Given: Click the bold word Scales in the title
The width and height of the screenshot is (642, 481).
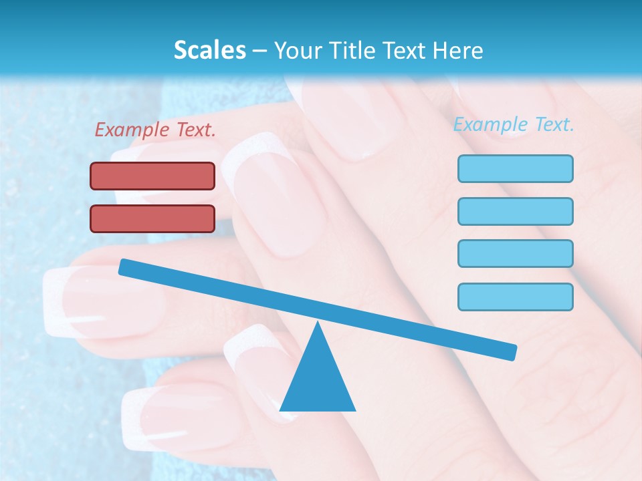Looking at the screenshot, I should [209, 50].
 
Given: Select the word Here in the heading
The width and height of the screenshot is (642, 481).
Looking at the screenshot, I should [458, 50].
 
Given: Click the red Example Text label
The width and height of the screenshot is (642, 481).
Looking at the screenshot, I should [155, 130].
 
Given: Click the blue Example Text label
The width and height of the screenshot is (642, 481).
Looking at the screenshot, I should [514, 124].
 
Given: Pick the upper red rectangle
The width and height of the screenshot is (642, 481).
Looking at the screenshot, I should [152, 176].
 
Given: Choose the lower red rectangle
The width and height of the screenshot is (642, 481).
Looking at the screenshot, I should [152, 218].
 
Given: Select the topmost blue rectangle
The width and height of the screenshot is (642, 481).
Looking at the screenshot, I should [515, 168].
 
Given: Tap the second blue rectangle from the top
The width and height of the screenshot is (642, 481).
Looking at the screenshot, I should [515, 211].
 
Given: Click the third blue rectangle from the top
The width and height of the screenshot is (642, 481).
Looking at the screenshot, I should [515, 254].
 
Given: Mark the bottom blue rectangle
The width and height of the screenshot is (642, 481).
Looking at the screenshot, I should [515, 297].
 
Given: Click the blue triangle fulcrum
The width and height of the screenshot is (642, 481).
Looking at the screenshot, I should [318, 381].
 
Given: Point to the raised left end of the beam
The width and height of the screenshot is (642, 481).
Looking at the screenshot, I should [124, 267].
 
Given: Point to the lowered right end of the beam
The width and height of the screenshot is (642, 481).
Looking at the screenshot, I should [511, 352].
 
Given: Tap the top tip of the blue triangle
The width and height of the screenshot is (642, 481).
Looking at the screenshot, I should [318, 323].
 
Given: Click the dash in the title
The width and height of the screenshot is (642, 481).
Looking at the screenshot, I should [260, 51].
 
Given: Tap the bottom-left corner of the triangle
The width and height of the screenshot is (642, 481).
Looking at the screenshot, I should [281, 410].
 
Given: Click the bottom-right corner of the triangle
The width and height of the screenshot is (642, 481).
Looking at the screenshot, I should [354, 410].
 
